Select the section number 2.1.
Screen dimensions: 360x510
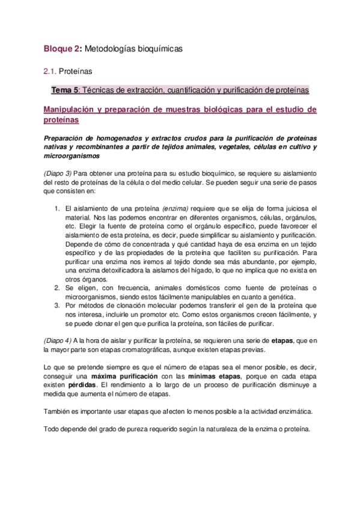coord(50,71)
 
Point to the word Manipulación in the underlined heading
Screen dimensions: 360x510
coord(72,109)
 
